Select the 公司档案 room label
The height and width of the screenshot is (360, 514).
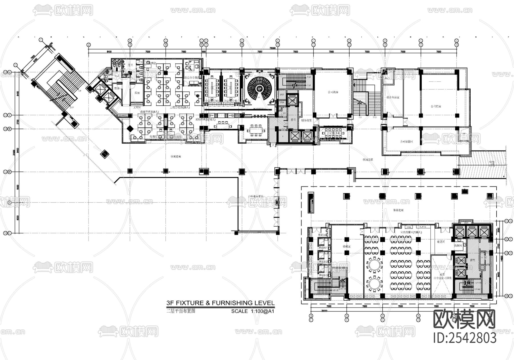click(x=436, y=106)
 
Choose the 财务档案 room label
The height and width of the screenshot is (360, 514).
click(x=307, y=121)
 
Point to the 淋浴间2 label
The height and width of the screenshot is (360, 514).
click(x=323, y=262)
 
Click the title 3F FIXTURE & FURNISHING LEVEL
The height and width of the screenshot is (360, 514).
click(x=220, y=303)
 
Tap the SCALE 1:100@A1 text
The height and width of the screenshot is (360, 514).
click(x=252, y=311)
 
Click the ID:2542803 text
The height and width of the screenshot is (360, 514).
click(x=465, y=338)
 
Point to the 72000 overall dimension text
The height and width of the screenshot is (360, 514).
click(x=273, y=48)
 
